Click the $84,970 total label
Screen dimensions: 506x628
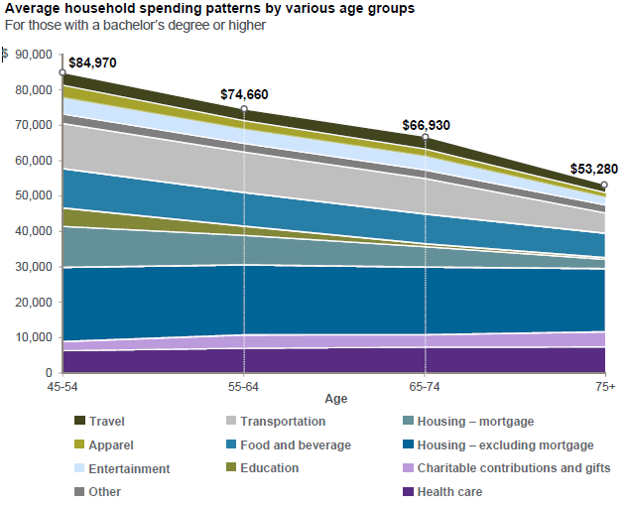[92, 63]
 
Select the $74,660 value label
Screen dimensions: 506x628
[244, 95]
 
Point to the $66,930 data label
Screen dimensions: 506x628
[427, 126]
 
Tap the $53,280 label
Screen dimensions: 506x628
[593, 168]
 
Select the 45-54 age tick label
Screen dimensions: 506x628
[63, 383]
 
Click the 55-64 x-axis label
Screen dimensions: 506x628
[244, 383]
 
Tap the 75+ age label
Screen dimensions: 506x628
[604, 383]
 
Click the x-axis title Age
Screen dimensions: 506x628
[335, 399]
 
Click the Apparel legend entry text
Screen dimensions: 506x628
[111, 445]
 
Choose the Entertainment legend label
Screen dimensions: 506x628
[130, 469]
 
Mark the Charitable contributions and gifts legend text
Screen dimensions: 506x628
[514, 468]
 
